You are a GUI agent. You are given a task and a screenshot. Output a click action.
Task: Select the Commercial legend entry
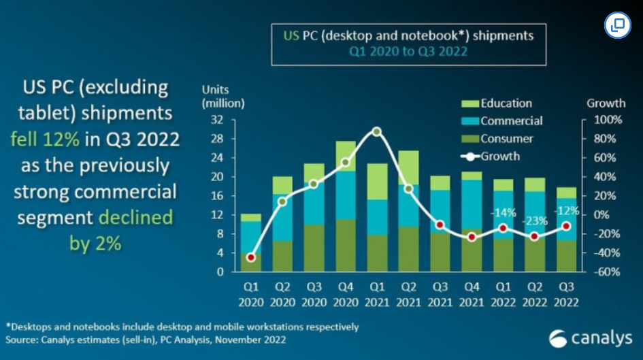tap(503, 121)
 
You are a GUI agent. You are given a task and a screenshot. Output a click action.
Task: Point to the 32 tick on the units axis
tap(218, 120)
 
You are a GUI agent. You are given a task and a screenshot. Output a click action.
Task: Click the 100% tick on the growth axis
tap(605, 120)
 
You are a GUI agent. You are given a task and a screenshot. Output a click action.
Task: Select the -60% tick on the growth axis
tap(605, 272)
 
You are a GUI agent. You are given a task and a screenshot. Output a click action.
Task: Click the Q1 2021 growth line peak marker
tap(377, 131)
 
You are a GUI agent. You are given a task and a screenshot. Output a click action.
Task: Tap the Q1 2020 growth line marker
tap(251, 257)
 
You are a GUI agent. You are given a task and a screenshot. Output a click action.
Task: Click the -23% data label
tap(535, 221)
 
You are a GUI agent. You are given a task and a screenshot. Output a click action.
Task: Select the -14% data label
tap(504, 212)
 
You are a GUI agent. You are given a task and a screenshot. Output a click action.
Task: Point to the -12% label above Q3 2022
tap(566, 210)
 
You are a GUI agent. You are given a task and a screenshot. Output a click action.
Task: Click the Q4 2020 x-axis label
tap(346, 295)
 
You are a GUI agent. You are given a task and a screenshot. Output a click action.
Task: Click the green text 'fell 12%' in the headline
tap(45, 140)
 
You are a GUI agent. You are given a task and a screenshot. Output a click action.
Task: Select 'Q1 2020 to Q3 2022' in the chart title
tap(408, 51)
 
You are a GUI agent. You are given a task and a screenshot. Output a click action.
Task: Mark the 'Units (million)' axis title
tap(222, 97)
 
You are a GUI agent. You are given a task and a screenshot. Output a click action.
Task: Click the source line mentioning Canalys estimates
tap(146, 339)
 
